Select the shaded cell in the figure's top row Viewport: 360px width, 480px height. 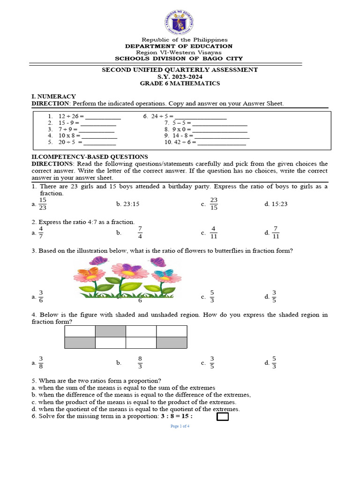pos(110,331)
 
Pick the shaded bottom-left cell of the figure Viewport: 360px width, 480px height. pos(80,343)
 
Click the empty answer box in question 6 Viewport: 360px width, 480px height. pos(223,417)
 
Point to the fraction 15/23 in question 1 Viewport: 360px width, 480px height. pos(43,204)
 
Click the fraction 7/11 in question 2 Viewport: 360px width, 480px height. pos(276,232)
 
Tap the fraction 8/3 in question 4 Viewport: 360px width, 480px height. pos(140,363)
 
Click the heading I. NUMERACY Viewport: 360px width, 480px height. pos(53,96)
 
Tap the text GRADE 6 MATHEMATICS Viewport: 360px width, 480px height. pos(180,83)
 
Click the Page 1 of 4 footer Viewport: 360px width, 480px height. pos(180,426)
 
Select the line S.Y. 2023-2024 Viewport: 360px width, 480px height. pos(180,76)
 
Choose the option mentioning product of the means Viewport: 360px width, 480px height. pos(134,402)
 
